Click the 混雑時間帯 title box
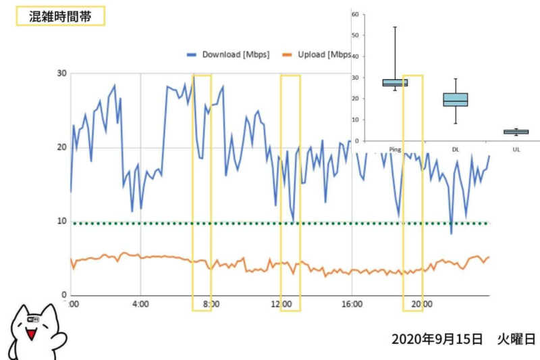point(60,17)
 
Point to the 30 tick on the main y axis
point(62,74)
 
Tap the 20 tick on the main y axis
point(62,148)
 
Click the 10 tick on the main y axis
point(62,222)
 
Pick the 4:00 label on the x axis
point(140,304)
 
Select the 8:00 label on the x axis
point(211,304)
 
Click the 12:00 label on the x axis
point(281,304)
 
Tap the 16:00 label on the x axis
point(351,304)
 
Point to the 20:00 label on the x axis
point(422,304)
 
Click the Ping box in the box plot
point(395,83)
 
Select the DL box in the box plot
point(456,99)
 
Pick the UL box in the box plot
point(516,132)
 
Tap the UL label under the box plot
point(516,149)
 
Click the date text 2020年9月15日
point(437,338)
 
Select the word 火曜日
point(517,338)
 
